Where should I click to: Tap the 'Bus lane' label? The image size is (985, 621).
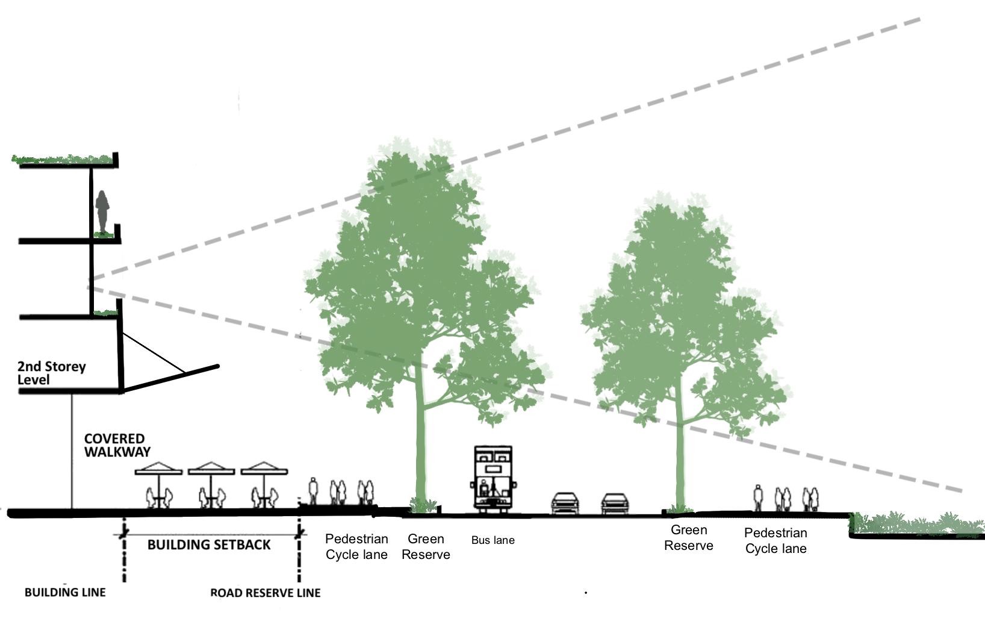(492, 540)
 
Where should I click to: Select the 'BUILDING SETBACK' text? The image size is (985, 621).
(209, 545)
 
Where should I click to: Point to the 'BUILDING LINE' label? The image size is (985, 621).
(65, 593)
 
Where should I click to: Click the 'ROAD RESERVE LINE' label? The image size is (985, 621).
(265, 593)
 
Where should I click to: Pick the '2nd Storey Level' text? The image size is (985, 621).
(51, 373)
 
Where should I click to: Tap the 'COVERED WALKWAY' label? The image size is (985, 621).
(117, 445)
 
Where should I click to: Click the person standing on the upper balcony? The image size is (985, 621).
(102, 211)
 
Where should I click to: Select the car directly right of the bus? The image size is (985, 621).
(565, 504)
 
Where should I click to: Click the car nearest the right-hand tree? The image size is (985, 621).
(614, 504)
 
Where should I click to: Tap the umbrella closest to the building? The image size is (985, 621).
(158, 469)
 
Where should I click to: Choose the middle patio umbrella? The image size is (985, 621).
(211, 469)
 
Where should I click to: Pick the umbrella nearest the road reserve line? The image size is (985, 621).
(264, 469)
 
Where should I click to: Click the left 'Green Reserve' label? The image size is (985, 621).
(426, 547)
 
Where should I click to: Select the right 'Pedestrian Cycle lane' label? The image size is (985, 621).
(775, 541)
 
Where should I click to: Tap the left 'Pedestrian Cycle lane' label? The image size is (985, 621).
(356, 547)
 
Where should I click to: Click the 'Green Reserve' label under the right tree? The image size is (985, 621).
(689, 538)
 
